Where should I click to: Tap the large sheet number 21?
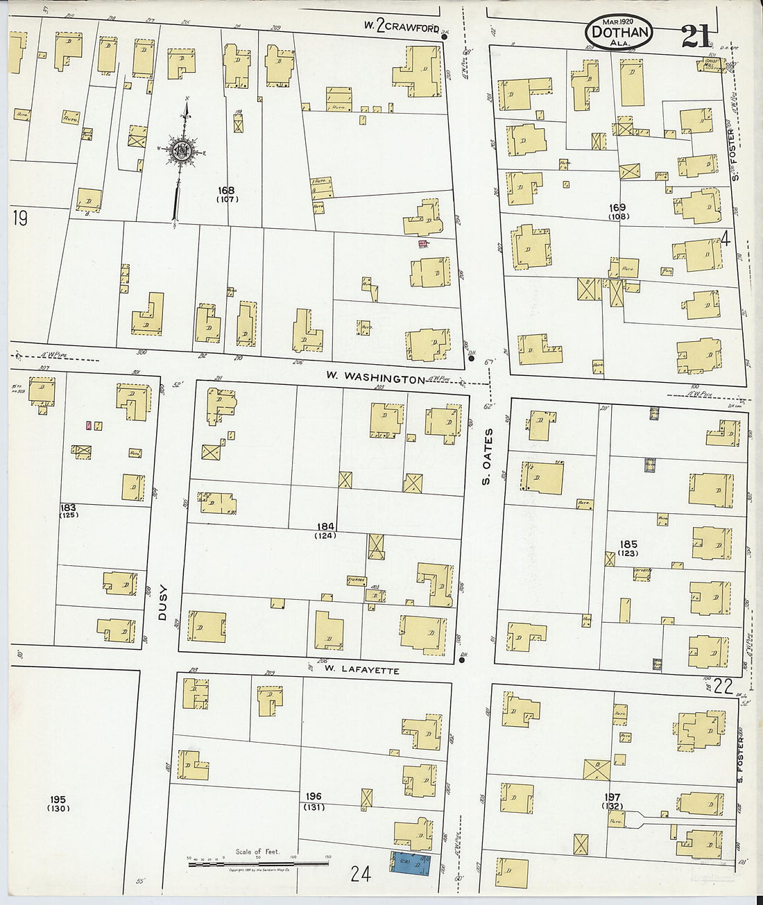(695, 36)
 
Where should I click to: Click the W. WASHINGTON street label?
(375, 378)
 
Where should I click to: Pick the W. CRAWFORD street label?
(402, 26)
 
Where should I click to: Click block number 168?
(226, 191)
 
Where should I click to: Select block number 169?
(617, 207)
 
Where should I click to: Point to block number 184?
(325, 526)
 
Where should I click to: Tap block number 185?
(628, 544)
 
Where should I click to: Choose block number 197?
(612, 798)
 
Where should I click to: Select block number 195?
(57, 800)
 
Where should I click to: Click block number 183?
(68, 507)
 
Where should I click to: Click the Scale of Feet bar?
(258, 864)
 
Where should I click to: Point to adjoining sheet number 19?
(19, 218)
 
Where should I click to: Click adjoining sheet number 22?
(723, 687)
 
